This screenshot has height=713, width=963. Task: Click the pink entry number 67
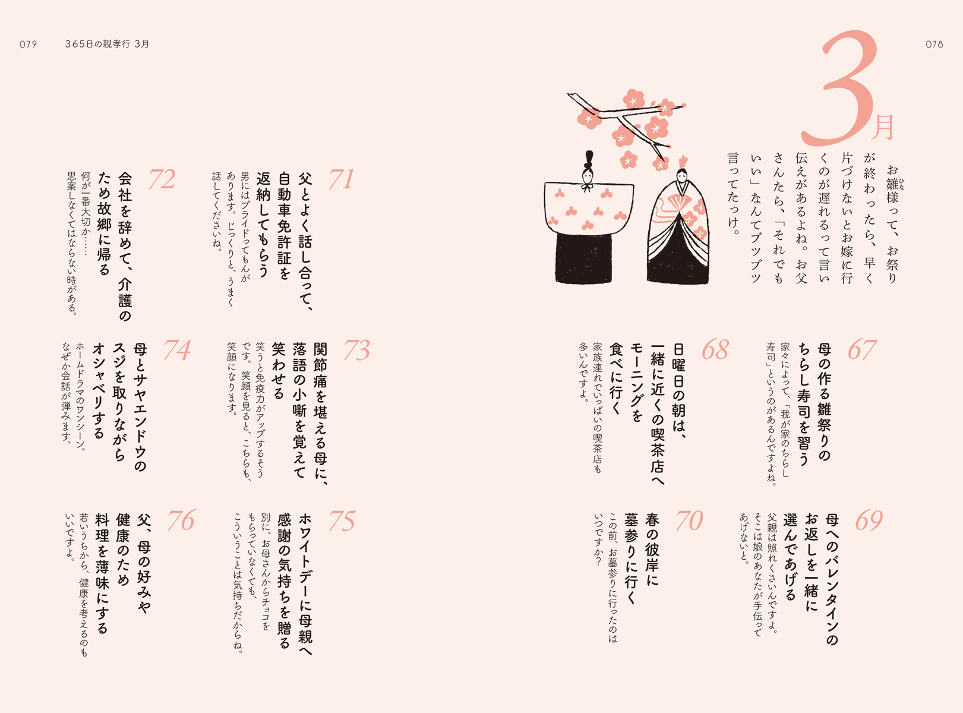(x=862, y=350)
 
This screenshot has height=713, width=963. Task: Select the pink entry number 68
(x=715, y=350)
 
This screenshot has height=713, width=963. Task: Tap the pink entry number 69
(x=869, y=520)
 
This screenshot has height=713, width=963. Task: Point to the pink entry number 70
(x=689, y=520)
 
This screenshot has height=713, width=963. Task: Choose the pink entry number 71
(x=341, y=179)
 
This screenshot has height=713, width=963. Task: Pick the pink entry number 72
(x=162, y=179)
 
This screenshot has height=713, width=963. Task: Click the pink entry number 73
(x=356, y=350)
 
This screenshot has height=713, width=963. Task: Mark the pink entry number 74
(x=177, y=350)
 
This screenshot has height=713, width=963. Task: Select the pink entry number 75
(x=342, y=520)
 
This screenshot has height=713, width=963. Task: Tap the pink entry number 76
(x=181, y=520)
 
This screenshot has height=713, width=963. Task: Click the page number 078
(x=934, y=45)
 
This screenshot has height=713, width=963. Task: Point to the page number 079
(x=29, y=45)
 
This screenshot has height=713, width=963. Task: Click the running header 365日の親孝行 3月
(x=107, y=44)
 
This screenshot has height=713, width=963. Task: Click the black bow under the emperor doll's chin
(x=588, y=187)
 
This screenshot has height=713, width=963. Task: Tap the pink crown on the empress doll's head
(x=683, y=162)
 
